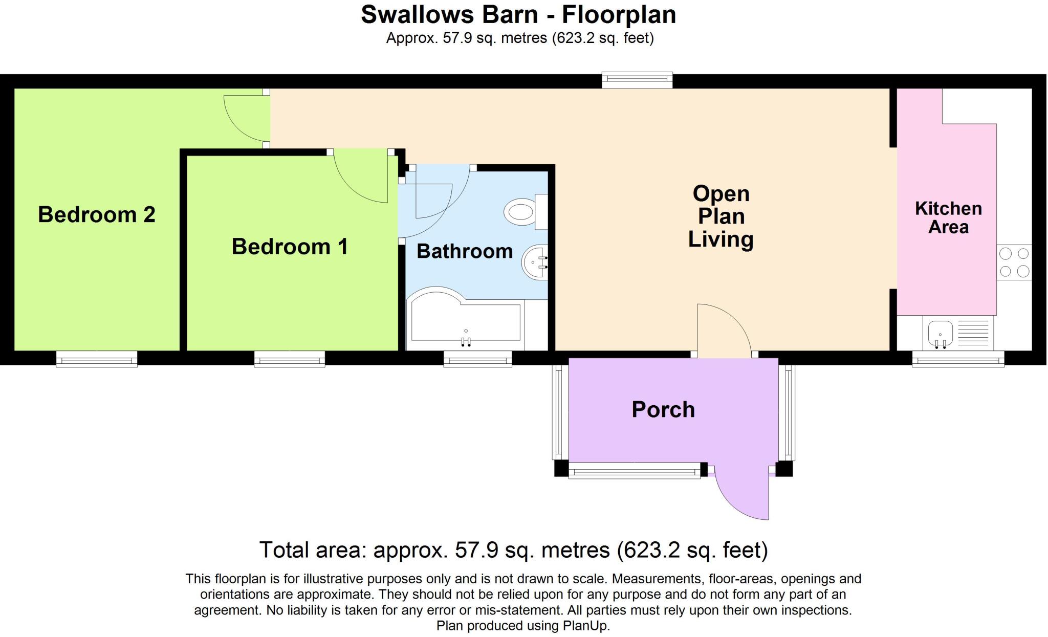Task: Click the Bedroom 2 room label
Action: click(x=96, y=214)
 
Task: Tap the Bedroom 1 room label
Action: click(x=290, y=247)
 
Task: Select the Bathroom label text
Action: click(x=465, y=251)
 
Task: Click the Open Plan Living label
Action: click(x=720, y=216)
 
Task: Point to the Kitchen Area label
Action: click(x=948, y=217)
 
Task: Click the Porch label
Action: click(x=663, y=410)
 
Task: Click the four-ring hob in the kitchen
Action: click(x=1014, y=262)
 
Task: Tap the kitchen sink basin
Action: click(x=940, y=333)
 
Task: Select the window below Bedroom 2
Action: click(x=96, y=360)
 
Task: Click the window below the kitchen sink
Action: click(x=958, y=360)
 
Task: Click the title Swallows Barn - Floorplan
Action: click(x=518, y=14)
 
